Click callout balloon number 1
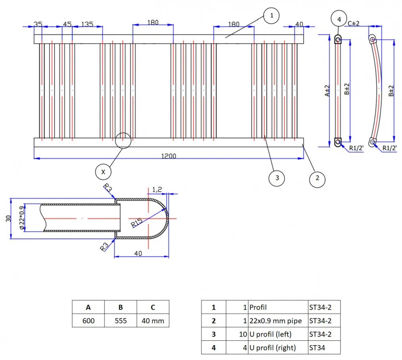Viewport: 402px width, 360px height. (x=271, y=16)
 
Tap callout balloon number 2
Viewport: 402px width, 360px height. (x=318, y=178)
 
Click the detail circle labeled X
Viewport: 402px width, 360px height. (x=103, y=172)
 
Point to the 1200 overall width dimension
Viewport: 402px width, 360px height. (x=169, y=156)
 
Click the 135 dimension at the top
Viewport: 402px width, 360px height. (x=87, y=24)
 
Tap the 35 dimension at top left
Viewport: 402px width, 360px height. (x=38, y=24)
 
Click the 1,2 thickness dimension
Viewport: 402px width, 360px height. (x=157, y=189)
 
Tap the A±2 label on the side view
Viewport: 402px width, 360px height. (x=327, y=91)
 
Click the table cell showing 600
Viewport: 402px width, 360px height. (x=88, y=321)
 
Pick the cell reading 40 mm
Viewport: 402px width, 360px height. (x=152, y=321)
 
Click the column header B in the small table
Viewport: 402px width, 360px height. (x=120, y=308)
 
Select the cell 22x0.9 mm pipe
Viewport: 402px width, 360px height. (x=275, y=321)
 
